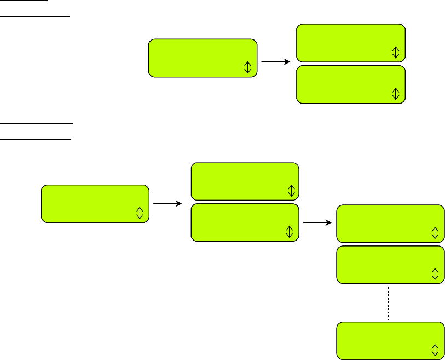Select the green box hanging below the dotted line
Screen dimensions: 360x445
390,341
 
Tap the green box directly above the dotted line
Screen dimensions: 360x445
390,265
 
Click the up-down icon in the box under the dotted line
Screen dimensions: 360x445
435,350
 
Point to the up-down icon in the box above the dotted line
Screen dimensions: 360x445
435,273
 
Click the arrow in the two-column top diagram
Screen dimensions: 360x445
276,62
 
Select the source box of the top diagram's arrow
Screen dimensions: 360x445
203,58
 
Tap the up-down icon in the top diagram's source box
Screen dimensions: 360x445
247,67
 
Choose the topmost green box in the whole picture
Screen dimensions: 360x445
351,43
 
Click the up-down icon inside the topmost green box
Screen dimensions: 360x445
396,52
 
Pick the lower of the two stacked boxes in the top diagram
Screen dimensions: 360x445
351,84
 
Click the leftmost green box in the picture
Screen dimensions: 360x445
95,203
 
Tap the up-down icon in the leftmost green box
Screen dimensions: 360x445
140,213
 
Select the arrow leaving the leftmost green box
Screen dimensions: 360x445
167,204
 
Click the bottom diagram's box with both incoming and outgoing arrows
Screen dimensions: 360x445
245,222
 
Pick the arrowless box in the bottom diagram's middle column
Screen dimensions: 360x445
245,181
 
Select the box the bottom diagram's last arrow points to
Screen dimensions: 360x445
390,224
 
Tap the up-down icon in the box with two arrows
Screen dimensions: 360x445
291,232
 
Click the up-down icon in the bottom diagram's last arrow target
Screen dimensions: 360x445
435,232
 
